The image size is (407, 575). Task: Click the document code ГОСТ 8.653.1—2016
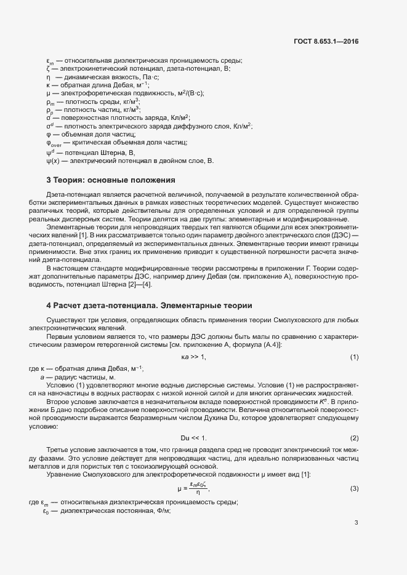pos(326,42)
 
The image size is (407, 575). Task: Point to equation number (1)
pos(354,357)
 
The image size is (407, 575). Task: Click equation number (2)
pos(354,438)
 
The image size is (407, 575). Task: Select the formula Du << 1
pos(193,438)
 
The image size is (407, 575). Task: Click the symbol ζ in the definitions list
pos(47,69)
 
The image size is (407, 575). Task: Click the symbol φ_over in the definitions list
pos(52,143)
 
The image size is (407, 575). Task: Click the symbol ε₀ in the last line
pos(46,511)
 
